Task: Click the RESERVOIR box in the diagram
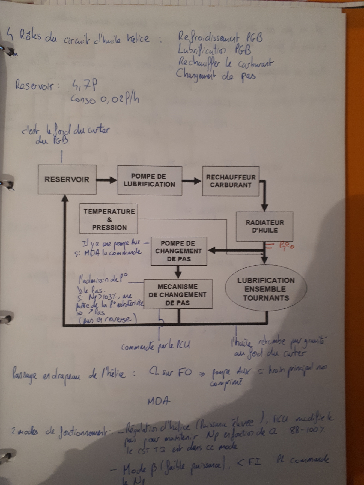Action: point(67,180)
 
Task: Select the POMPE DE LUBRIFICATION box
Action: point(150,180)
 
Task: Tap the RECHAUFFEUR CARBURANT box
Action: point(231,181)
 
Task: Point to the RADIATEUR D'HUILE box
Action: point(264,226)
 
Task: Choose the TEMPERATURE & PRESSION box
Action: point(109,219)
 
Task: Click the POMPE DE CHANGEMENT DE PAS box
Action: point(179,251)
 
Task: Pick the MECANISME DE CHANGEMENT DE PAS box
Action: point(178,294)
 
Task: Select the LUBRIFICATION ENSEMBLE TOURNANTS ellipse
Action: point(266,289)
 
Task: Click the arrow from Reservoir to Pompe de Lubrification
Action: point(107,180)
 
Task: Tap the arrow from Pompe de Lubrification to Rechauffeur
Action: point(192,181)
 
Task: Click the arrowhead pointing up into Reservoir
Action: point(65,198)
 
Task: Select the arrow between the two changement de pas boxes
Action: point(178,272)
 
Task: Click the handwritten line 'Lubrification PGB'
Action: point(214,50)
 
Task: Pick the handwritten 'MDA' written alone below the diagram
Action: point(159,401)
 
